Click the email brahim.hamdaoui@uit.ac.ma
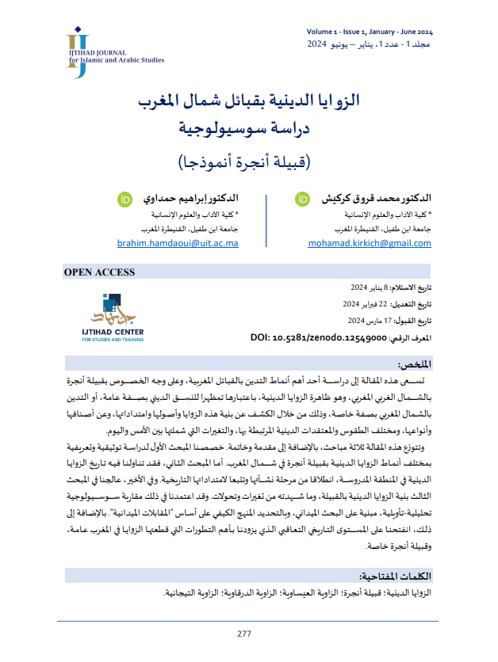[x=178, y=244]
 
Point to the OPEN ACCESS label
[x=100, y=272]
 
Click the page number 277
[x=244, y=633]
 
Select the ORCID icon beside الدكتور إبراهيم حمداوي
[x=123, y=198]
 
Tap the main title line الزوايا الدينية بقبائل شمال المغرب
[x=248, y=101]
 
